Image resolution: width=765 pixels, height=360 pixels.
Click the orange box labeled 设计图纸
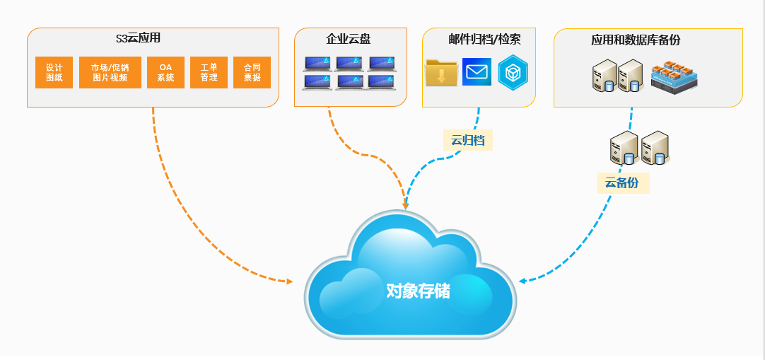[x=54, y=73]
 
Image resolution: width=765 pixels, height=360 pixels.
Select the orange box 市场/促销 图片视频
[x=110, y=73]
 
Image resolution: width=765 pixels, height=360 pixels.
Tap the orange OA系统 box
[x=165, y=73]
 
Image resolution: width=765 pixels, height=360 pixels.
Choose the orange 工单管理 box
[x=209, y=73]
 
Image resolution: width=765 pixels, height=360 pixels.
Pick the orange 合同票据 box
[x=252, y=73]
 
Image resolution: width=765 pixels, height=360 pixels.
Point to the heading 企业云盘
[x=348, y=39]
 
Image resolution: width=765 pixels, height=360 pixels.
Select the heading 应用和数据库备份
[x=636, y=40]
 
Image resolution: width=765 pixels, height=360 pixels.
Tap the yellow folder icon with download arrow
[x=442, y=73]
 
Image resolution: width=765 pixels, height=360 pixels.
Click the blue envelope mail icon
[x=477, y=72]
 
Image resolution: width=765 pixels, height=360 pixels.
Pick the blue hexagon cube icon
[x=513, y=73]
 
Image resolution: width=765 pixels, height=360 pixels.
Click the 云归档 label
[x=468, y=140]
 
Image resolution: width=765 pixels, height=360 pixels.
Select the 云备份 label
[x=622, y=183]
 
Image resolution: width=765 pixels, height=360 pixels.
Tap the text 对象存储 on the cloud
[x=417, y=290]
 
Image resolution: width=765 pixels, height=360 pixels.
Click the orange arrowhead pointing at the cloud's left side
[x=288, y=281]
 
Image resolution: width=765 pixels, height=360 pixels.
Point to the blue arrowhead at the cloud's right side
[x=522, y=281]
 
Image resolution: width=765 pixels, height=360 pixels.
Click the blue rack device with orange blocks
[x=675, y=78]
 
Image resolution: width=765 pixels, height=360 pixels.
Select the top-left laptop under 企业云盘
[x=317, y=64]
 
